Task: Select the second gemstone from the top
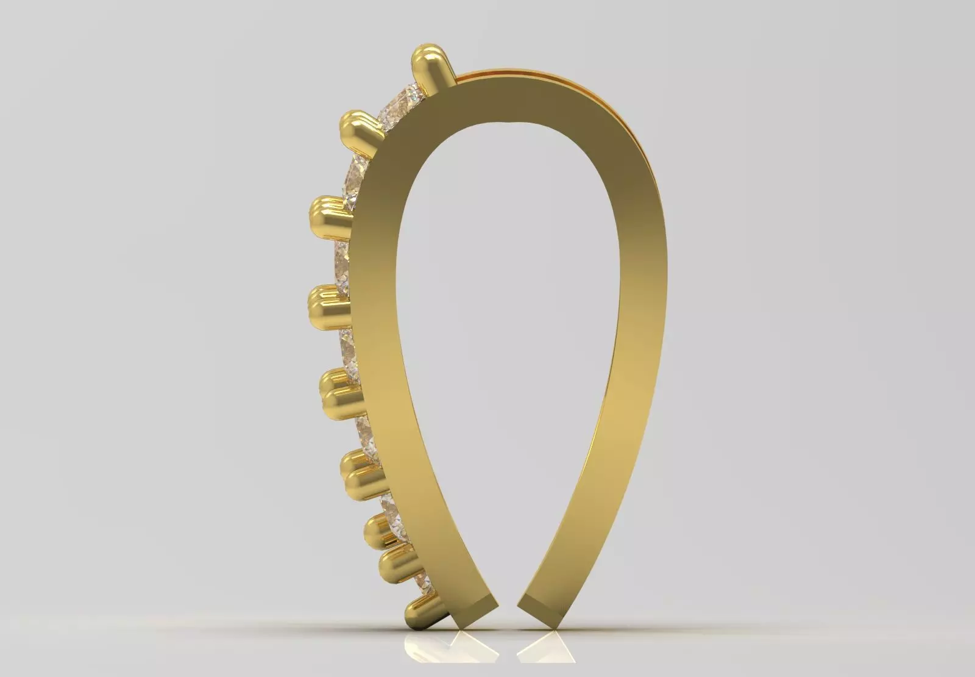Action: [x=356, y=177]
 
